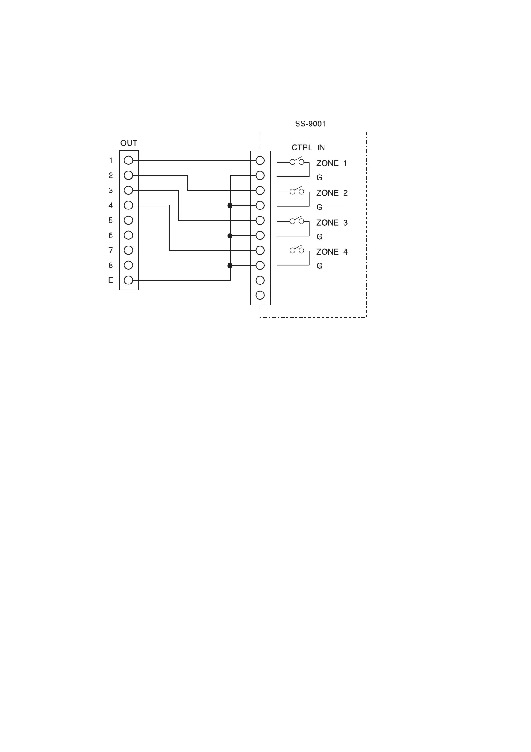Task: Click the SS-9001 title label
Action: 310,124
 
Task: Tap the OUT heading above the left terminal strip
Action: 129,143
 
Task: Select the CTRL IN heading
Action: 308,148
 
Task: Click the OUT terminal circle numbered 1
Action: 129,160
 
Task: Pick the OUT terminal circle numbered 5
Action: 129,220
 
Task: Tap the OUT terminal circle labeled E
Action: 129,280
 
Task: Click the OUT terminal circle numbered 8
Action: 129,265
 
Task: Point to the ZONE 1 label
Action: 332,163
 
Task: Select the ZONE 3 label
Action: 332,222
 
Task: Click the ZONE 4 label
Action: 332,252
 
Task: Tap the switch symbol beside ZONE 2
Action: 297,191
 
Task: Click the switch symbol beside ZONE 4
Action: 297,250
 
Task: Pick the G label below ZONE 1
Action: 319,178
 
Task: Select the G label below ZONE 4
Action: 319,266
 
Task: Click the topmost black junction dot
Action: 230,205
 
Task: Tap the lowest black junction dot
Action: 230,266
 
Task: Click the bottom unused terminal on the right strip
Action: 260,295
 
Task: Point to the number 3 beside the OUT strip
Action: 111,191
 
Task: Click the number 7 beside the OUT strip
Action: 111,251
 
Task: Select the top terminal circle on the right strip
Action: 260,160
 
